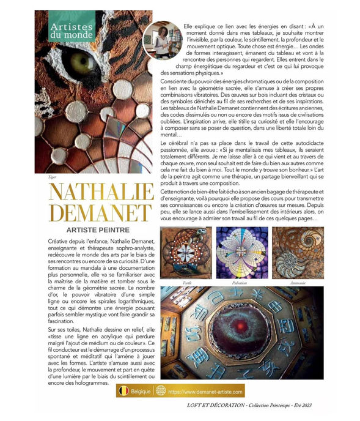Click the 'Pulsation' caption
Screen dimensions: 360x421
240,283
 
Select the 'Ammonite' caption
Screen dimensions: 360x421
298,283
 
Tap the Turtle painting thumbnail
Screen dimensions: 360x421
186,253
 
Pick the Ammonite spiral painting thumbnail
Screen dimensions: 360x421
297,253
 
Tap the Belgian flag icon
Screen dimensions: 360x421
124,391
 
